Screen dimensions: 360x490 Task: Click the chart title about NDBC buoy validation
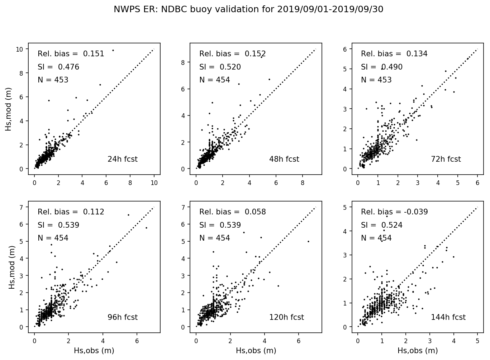click(248, 9)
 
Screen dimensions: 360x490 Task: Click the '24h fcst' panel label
click(122, 159)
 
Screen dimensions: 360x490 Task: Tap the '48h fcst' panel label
click(284, 159)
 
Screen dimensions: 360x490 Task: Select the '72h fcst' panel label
click(446, 159)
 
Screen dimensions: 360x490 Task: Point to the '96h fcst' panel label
click(122, 317)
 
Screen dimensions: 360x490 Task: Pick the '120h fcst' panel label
click(286, 317)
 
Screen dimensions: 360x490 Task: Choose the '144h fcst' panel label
click(448, 317)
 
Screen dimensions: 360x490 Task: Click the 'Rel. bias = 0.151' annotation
click(71, 54)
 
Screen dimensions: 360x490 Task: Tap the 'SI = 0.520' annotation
click(220, 67)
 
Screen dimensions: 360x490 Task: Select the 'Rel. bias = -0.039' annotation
click(394, 212)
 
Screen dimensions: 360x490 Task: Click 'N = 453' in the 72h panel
click(376, 80)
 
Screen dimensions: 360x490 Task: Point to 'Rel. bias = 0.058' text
click(232, 212)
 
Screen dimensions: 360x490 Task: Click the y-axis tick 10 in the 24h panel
click(20, 49)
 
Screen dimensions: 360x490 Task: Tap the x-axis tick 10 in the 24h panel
click(154, 183)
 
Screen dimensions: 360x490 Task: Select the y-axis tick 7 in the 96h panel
click(21, 207)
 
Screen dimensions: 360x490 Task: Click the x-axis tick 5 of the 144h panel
click(477, 341)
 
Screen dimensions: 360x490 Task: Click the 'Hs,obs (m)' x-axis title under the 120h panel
click(256, 351)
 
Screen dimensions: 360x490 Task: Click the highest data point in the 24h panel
click(113, 50)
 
